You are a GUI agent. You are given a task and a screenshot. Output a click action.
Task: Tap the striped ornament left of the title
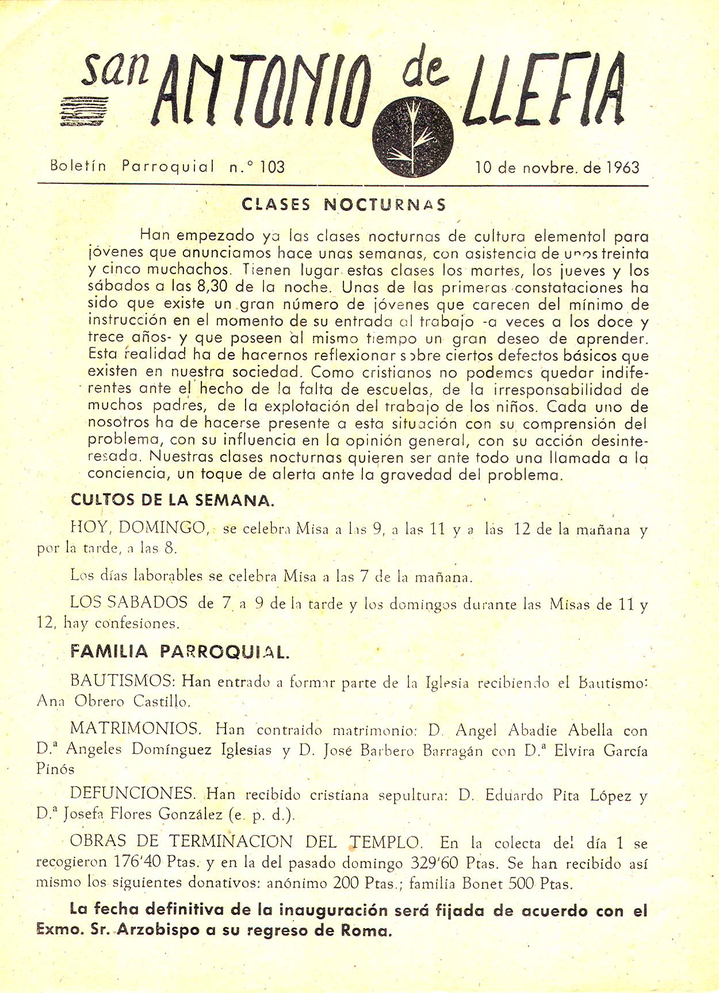[82, 110]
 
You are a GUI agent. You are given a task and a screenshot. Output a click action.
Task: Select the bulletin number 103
[272, 167]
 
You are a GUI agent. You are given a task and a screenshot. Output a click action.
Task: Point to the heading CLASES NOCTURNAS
[343, 205]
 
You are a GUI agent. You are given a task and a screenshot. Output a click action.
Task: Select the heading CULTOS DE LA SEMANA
[173, 500]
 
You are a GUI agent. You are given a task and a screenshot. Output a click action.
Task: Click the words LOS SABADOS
[129, 602]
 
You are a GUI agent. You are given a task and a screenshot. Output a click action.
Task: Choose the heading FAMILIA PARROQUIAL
[179, 652]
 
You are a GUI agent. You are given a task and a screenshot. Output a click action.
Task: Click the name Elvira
[577, 750]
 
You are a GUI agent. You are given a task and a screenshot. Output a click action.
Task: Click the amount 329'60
[435, 863]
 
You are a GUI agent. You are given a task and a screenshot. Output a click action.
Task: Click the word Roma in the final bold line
[366, 930]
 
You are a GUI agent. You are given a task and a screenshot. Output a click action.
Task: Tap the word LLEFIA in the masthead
[546, 89]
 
